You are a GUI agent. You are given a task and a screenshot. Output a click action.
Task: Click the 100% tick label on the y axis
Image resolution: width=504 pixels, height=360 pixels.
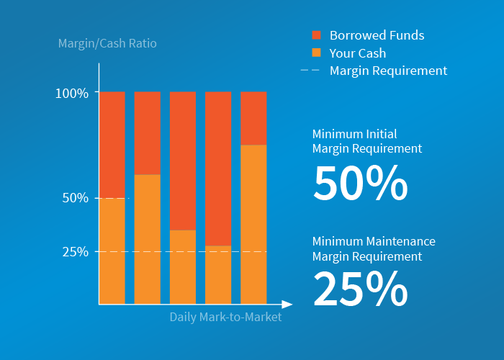point(71,93)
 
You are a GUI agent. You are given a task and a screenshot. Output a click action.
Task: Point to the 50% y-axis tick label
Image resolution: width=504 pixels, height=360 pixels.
point(76,198)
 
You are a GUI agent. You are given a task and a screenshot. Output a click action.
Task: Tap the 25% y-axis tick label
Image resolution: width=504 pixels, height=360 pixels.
point(76,252)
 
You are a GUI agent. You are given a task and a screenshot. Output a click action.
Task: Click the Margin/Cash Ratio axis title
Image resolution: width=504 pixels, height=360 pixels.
point(107,44)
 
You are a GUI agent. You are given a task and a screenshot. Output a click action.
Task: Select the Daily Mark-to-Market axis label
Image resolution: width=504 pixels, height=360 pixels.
point(225,317)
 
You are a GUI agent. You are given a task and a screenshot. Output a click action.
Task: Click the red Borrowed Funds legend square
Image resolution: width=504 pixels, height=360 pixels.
point(316,35)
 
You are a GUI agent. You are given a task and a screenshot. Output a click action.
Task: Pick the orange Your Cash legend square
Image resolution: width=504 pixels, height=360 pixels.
point(316,53)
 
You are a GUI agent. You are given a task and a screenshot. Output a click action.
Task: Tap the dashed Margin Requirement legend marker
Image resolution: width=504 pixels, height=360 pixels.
point(310,71)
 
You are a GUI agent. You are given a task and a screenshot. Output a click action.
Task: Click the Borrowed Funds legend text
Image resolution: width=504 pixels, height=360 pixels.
point(377,35)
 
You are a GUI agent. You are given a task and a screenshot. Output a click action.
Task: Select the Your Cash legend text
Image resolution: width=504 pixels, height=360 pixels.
point(358,53)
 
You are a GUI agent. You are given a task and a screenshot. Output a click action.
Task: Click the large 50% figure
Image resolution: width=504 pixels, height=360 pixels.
point(360,184)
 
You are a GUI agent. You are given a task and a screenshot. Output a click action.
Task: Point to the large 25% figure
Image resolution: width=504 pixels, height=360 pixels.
point(360,289)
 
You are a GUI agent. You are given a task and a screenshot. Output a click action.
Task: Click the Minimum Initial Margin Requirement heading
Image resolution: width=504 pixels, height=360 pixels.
point(367,141)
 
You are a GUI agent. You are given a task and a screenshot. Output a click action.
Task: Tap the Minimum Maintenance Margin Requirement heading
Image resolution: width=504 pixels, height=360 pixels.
point(374,248)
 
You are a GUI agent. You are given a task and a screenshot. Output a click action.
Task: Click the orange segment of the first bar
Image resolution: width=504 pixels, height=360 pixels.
point(112,251)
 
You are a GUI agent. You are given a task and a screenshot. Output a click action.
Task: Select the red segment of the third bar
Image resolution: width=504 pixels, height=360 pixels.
point(183,161)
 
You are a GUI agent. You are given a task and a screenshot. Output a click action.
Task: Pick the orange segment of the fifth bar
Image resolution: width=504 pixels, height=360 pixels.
point(253,224)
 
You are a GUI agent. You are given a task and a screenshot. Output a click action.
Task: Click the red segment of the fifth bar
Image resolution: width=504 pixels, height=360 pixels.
point(253,118)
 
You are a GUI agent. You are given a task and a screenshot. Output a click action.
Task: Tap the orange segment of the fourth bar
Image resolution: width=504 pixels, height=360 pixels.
point(218,274)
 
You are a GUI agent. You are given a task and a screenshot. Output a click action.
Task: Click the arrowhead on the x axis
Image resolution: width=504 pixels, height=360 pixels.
point(287,305)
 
